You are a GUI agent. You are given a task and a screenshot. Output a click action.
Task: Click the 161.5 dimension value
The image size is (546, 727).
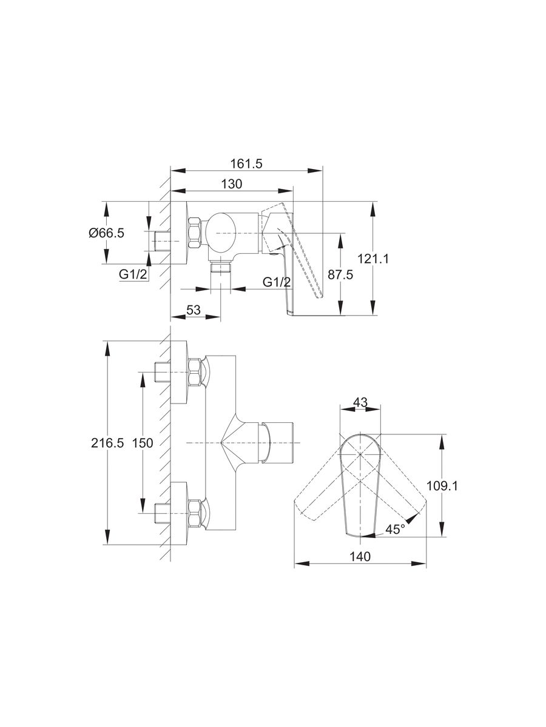246,164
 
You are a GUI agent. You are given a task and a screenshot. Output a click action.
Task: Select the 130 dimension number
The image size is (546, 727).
231,184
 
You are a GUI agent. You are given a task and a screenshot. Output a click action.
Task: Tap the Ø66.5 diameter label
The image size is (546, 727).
106,233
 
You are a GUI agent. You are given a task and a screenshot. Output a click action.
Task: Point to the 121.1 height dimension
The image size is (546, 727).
373,258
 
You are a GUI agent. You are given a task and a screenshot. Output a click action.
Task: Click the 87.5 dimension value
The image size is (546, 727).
340,274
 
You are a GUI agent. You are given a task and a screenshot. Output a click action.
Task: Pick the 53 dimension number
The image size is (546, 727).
194,310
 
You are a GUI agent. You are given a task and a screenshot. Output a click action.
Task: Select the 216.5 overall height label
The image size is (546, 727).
107,443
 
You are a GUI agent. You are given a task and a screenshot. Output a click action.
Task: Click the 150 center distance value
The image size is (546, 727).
143,443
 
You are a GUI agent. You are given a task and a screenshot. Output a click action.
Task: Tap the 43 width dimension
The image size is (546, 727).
360,402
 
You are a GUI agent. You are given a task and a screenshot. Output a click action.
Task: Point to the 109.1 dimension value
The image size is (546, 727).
442,486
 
